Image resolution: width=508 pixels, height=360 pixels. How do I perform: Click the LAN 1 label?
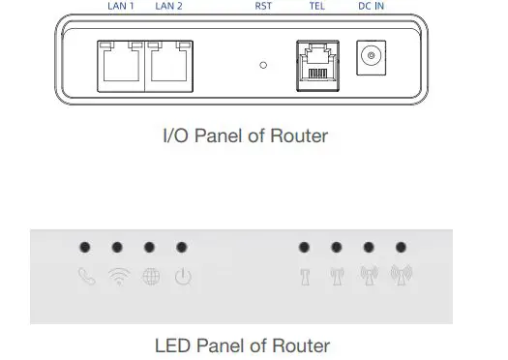pyautogui.click(x=121, y=5)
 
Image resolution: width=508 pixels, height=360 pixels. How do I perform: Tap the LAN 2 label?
pyautogui.click(x=168, y=5)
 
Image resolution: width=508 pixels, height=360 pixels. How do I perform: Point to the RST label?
pyautogui.click(x=263, y=5)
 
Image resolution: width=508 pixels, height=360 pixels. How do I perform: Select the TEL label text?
pyautogui.click(x=316, y=5)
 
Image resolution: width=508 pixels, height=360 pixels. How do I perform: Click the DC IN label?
pyautogui.click(x=371, y=5)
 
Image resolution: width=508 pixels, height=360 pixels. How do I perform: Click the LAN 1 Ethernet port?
pyautogui.click(x=120, y=65)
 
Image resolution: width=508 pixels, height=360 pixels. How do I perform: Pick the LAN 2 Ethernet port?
pyautogui.click(x=168, y=65)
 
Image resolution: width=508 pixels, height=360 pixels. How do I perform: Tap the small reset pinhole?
pyautogui.click(x=264, y=65)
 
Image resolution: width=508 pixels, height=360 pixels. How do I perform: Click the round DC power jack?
pyautogui.click(x=370, y=58)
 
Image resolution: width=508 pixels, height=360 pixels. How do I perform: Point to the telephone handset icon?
pyautogui.click(x=84, y=278)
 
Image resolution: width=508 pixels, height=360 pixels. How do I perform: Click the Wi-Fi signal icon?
pyautogui.click(x=117, y=278)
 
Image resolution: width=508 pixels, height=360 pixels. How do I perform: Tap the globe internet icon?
pyautogui.click(x=150, y=278)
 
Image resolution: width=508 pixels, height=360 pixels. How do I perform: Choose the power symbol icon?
pyautogui.click(x=182, y=278)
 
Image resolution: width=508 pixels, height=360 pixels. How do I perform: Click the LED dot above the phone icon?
pyautogui.click(x=84, y=248)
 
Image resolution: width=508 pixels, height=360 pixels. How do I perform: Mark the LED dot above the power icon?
pyautogui.click(x=182, y=248)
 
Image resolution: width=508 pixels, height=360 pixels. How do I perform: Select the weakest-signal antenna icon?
pyautogui.click(x=304, y=278)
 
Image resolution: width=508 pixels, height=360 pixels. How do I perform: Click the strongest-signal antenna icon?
pyautogui.click(x=402, y=278)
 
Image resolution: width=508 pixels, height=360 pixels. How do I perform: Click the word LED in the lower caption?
pyautogui.click(x=172, y=345)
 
